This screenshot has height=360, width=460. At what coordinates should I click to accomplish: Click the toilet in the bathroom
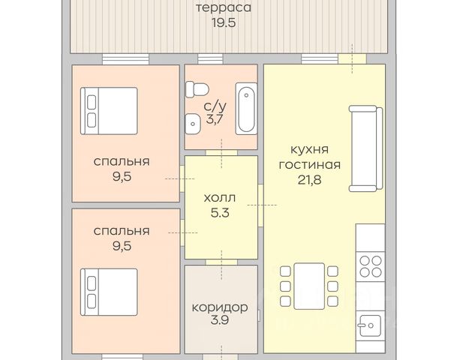[x=197, y=89]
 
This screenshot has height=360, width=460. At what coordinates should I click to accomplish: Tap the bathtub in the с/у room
[x=246, y=109]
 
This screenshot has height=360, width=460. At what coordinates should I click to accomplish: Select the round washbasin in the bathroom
[x=192, y=124]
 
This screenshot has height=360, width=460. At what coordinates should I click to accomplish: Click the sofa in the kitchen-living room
[x=366, y=148]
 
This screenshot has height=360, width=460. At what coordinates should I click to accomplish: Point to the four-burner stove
[x=371, y=266]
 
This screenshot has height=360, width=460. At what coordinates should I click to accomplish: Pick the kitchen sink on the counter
[x=370, y=325]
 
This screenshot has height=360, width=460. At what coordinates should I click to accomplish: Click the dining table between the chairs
[x=309, y=286]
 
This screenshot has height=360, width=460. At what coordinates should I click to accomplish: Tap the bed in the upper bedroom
[x=109, y=111]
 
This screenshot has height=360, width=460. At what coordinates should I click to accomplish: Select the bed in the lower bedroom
[x=109, y=292]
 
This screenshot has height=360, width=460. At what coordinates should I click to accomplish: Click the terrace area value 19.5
[x=224, y=22]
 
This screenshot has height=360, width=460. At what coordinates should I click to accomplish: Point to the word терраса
[x=224, y=8]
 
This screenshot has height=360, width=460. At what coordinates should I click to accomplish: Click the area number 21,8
[x=310, y=180]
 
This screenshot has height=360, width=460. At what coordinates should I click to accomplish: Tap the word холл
[x=220, y=198]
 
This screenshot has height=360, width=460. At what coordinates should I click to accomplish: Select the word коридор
[x=220, y=307]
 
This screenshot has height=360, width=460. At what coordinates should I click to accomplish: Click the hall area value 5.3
[x=220, y=213]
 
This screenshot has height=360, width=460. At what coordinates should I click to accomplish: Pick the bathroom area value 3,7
[x=215, y=119]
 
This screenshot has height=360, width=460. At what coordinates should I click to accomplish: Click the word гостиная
[x=310, y=165]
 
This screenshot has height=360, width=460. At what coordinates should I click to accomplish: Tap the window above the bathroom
[x=211, y=59]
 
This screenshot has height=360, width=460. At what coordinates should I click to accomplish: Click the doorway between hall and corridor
[x=221, y=262]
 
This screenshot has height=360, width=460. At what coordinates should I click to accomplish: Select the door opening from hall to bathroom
[x=221, y=153]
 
